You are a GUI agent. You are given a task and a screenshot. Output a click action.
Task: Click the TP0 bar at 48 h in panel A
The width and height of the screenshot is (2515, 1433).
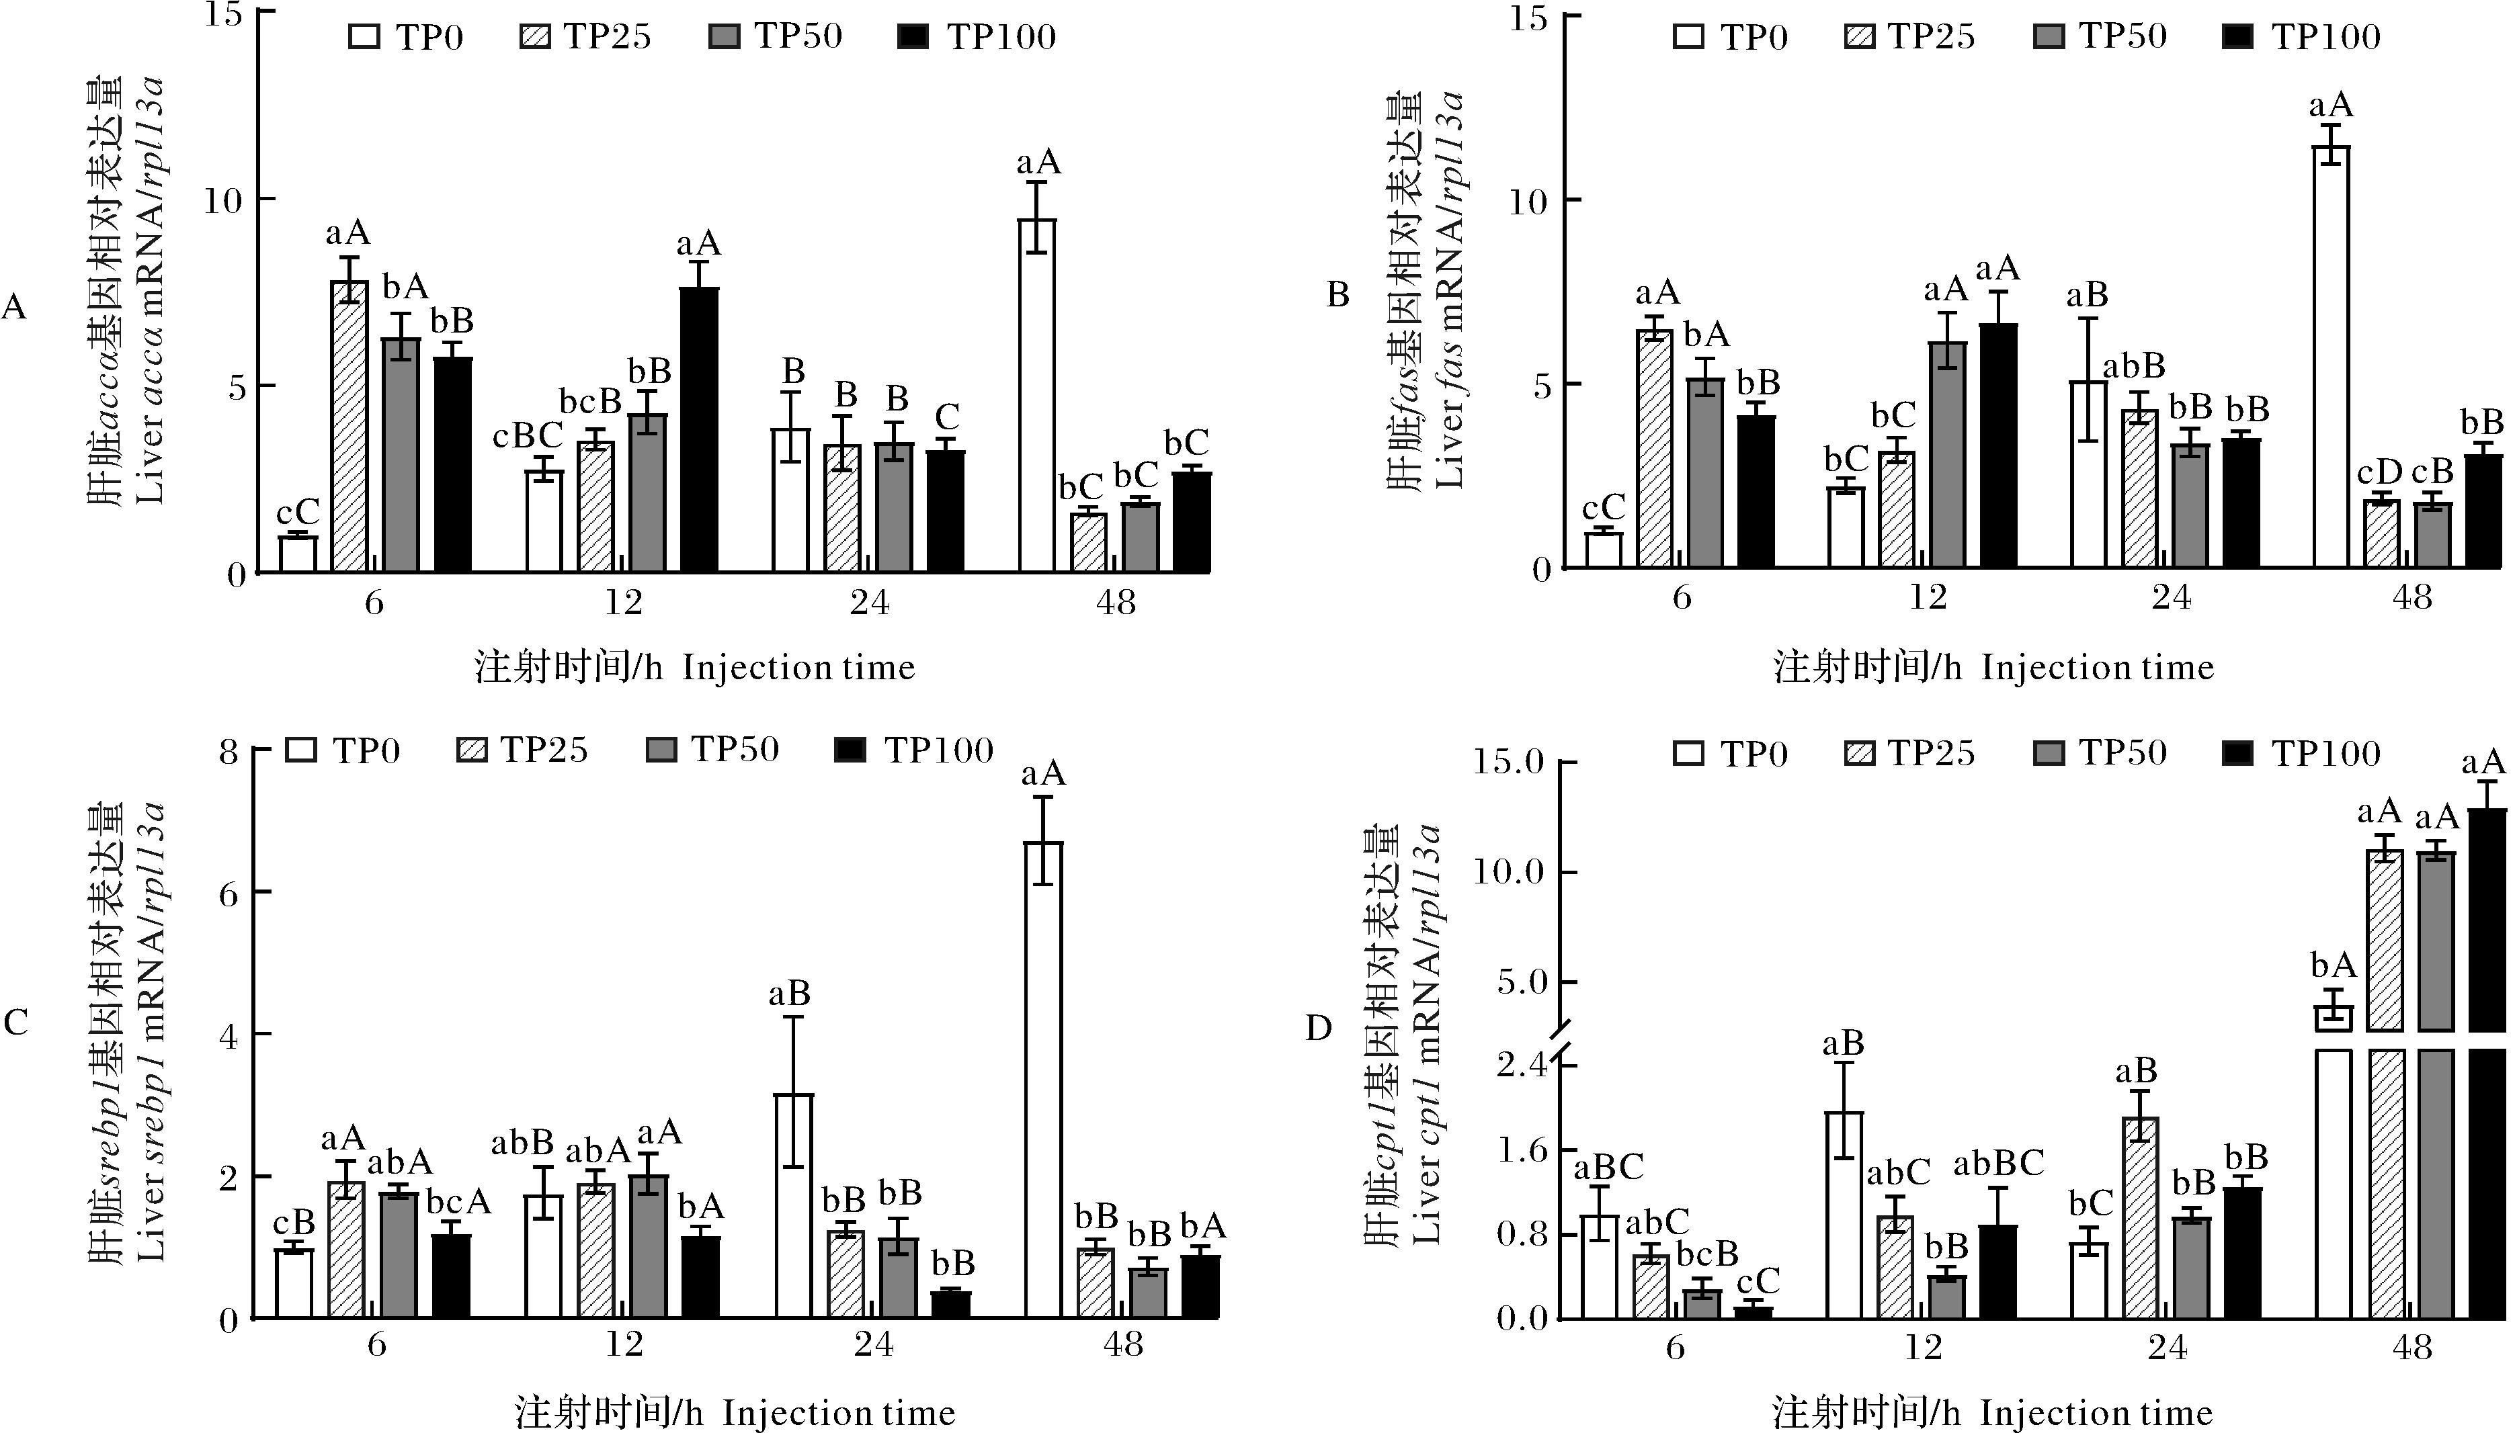(1036, 396)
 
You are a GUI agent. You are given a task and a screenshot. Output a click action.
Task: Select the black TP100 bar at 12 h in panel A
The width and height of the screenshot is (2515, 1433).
(699, 430)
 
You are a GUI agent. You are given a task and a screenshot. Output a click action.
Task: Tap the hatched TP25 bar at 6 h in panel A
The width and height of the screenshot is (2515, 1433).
(349, 426)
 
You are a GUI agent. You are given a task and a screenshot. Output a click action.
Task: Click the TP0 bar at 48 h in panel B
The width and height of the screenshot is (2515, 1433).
(2331, 356)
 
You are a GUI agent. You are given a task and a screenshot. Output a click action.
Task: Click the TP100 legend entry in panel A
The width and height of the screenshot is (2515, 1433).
(977, 38)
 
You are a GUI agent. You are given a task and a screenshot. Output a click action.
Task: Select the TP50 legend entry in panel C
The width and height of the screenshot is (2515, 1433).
(712, 750)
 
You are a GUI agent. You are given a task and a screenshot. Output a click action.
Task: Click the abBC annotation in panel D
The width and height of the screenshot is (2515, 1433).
(1998, 1164)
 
